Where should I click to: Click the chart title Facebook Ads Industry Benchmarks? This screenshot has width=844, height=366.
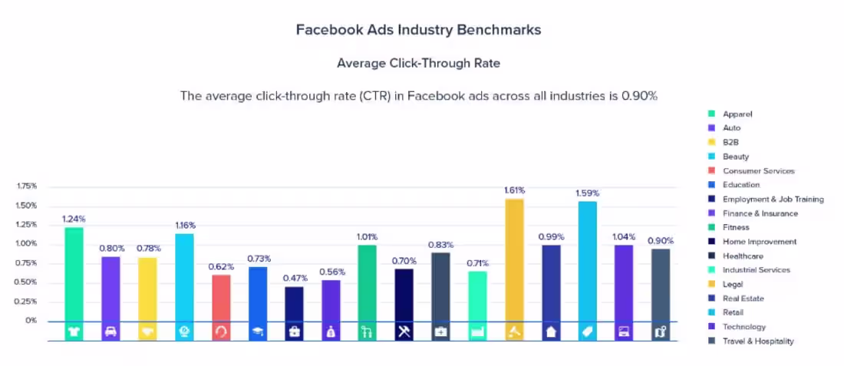point(418,30)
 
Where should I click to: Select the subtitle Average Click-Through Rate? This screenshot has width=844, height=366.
point(418,63)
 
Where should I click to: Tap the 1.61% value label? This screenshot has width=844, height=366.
point(514,189)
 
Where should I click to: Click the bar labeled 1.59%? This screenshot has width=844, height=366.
point(587,261)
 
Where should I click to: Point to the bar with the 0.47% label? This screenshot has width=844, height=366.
point(294,304)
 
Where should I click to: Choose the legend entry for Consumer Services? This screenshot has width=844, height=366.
point(758,171)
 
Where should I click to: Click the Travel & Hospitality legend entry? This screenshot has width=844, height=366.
point(757,341)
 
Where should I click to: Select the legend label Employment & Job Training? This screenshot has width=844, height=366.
point(773,199)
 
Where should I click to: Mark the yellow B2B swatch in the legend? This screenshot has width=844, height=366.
point(710,143)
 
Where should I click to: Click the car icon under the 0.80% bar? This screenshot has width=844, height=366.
point(111,331)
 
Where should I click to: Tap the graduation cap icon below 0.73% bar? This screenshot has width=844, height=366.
point(258,331)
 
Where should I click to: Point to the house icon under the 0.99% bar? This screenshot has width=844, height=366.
point(550,331)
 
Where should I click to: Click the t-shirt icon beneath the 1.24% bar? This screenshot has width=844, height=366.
point(74,331)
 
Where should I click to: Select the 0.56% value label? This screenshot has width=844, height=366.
point(332,272)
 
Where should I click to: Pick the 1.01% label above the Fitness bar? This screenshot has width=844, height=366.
point(368,237)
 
